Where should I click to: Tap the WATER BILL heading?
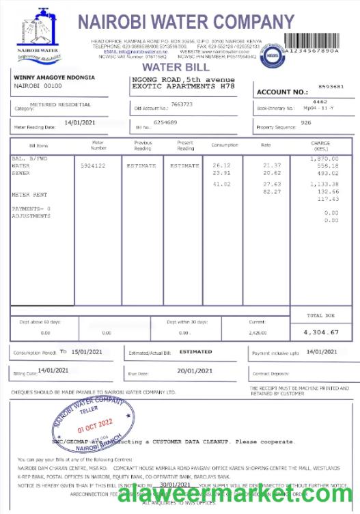[171, 67]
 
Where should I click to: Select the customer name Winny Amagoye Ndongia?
[54, 78]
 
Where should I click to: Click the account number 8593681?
[331, 87]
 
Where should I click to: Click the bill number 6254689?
[165, 122]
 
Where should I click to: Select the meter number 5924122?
[93, 165]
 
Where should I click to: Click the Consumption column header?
[224, 145]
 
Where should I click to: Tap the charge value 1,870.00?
[324, 159]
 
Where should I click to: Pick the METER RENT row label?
[29, 194]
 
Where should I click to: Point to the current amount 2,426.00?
[258, 333]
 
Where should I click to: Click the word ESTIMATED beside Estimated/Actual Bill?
[195, 351]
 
